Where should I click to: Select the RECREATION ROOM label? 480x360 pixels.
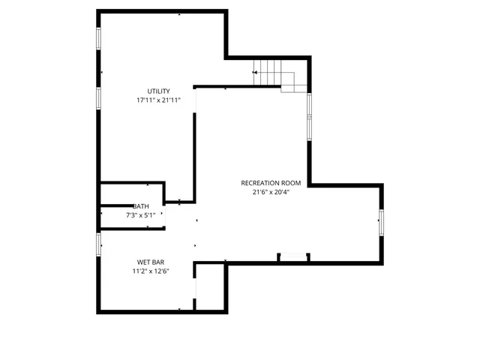271,183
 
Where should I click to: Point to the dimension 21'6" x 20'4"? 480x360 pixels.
271,192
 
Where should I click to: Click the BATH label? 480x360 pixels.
141,206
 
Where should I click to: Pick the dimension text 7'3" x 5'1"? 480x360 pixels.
141,215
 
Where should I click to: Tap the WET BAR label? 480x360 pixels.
151,262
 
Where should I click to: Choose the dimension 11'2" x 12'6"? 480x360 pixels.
151,271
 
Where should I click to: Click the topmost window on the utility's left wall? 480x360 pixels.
99,40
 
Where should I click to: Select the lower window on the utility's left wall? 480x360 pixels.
99,97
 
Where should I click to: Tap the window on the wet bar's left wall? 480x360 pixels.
99,244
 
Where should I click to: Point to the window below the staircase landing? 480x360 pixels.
309,116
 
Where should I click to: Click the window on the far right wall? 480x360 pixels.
382,222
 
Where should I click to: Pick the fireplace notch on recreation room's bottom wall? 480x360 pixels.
293,257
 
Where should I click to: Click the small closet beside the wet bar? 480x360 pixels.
211,286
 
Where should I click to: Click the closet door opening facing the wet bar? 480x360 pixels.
196,286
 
